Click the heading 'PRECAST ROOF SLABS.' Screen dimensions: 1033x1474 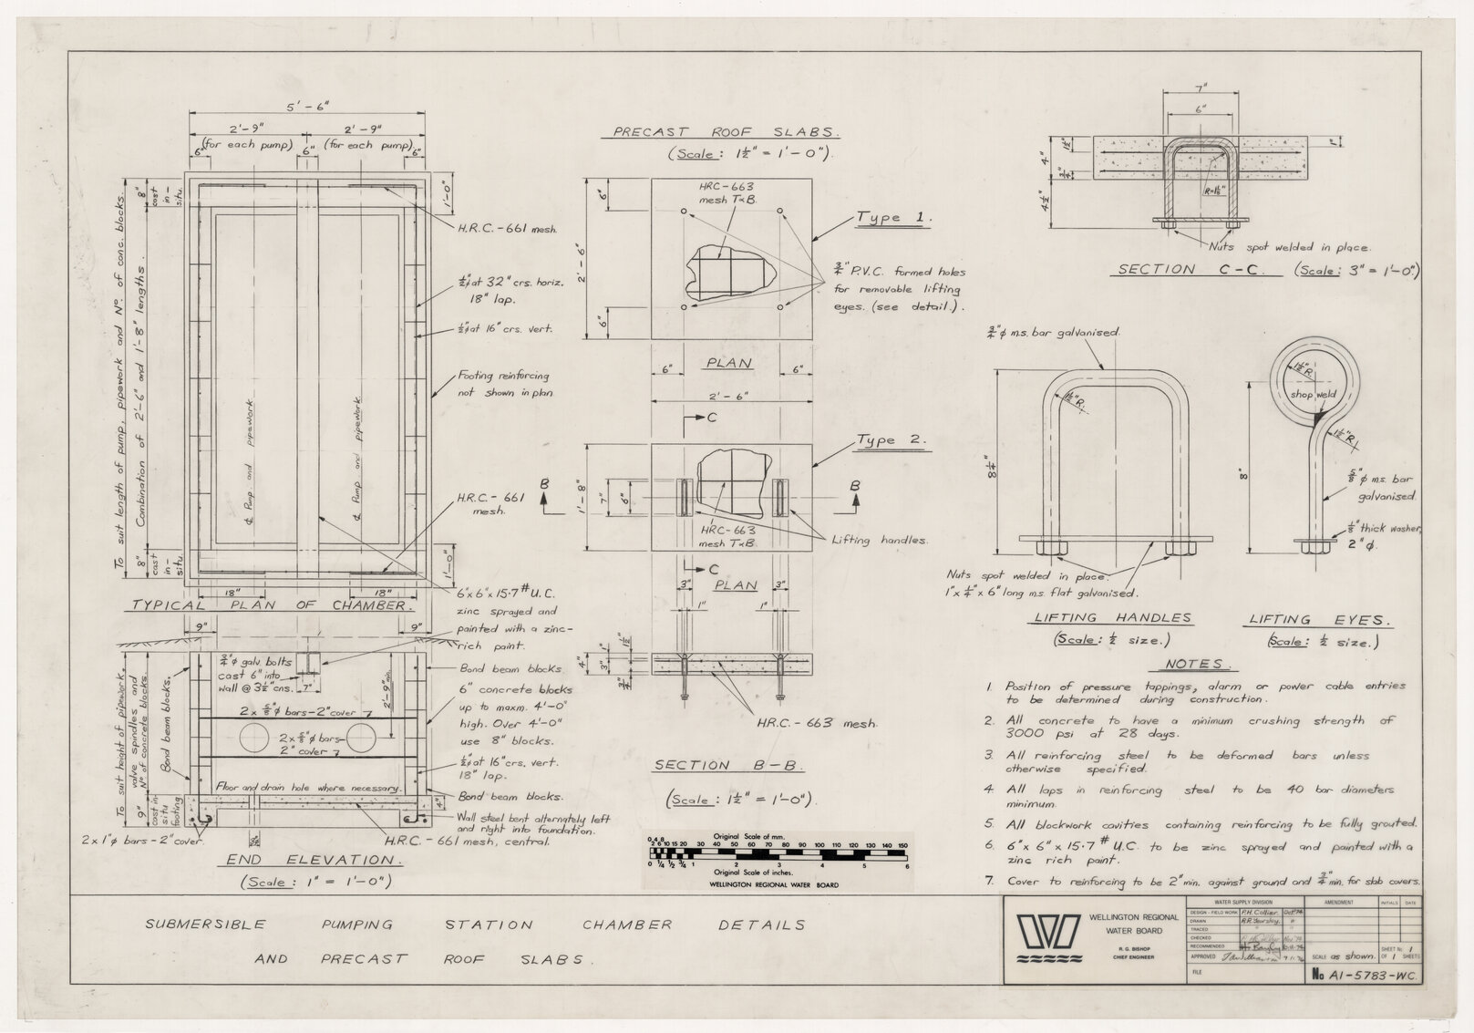725,131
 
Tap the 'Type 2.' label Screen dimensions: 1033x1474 891,440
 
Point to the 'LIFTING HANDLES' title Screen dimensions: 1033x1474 1112,618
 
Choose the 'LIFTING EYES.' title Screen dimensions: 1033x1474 1319,620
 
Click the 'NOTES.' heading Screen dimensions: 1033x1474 1197,664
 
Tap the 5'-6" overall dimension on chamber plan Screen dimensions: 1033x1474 307,106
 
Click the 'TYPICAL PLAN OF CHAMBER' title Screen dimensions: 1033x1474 273,605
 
